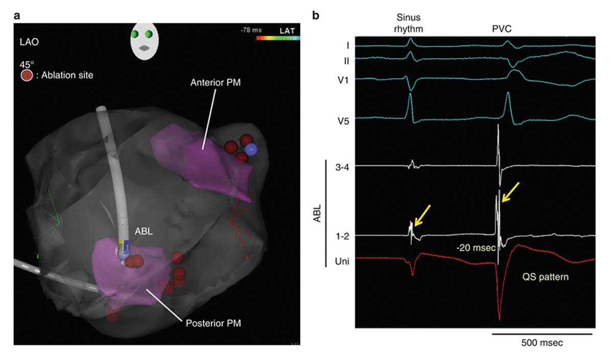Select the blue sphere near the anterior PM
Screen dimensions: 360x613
(x=250, y=149)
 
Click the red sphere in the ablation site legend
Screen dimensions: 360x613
(x=27, y=76)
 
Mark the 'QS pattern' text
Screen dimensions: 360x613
(x=546, y=279)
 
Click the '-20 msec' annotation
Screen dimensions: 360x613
(x=473, y=248)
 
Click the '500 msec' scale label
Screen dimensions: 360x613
(x=542, y=343)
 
